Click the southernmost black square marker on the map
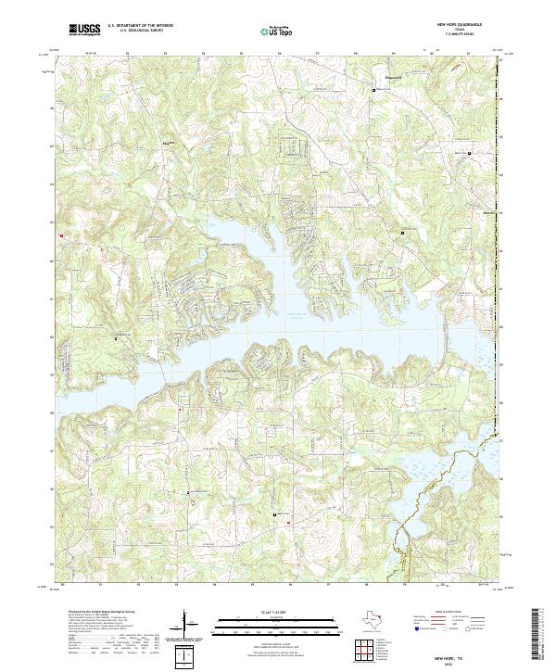click(275, 513)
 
